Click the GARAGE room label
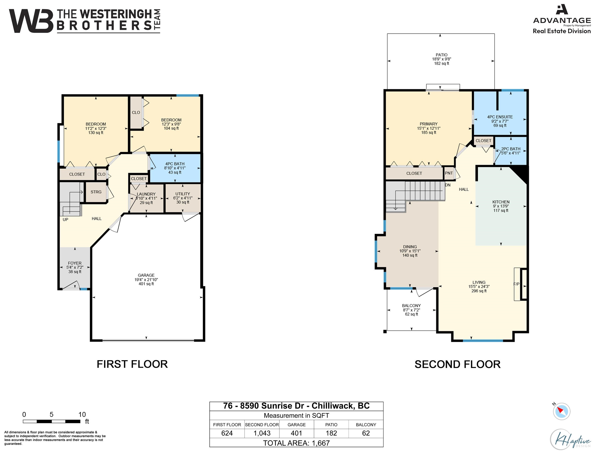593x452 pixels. pos(146,275)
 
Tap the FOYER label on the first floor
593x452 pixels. pos(75,263)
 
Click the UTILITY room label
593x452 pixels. pos(183,194)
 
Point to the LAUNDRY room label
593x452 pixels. pos(146,194)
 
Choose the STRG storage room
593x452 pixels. pos(96,192)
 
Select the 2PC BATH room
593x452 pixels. pos(510,151)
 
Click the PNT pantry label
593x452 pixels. pos(449,173)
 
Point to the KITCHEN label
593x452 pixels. pos(501,202)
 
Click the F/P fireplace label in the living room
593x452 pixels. pos(516,284)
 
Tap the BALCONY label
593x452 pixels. pos(411,306)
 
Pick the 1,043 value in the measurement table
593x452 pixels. pos(262,433)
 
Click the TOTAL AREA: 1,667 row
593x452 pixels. pos(296,443)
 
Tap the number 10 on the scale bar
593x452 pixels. pos(82,414)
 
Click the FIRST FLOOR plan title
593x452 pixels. pos(132,364)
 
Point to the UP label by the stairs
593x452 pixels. pos(65,220)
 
